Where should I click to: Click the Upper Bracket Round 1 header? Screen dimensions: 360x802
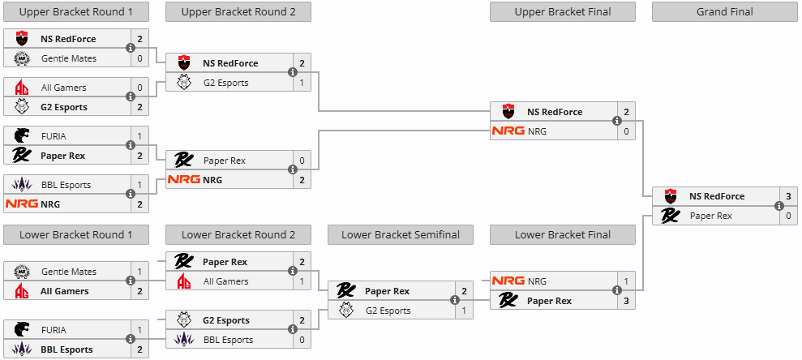click(x=75, y=11)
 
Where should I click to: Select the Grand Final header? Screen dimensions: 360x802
click(x=724, y=11)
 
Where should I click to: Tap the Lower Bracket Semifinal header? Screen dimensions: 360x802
click(x=400, y=235)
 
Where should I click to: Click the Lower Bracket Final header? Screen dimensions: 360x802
click(x=562, y=235)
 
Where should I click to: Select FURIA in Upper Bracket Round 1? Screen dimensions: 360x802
click(x=54, y=136)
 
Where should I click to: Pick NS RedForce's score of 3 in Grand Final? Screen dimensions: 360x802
click(x=788, y=196)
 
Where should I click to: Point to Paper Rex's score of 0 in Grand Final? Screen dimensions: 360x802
click(x=788, y=216)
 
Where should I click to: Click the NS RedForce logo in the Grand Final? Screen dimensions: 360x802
click(x=670, y=196)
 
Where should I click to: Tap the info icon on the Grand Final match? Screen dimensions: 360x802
click(x=779, y=206)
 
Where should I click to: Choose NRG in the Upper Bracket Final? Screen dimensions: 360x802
click(x=538, y=131)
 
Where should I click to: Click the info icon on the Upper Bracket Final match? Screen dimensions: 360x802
click(x=617, y=122)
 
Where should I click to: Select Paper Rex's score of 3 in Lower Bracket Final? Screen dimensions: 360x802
click(x=626, y=301)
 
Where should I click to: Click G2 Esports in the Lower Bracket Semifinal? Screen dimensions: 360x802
click(x=388, y=311)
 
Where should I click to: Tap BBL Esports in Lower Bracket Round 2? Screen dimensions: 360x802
click(x=228, y=340)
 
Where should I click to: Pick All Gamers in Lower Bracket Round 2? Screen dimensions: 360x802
click(x=225, y=281)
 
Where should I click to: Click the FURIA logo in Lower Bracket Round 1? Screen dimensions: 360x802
click(x=22, y=330)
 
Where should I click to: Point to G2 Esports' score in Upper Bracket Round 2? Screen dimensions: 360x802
click(x=302, y=83)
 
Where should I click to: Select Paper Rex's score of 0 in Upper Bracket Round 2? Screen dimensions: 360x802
click(x=302, y=161)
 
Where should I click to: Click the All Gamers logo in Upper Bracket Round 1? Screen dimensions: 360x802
click(x=22, y=88)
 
